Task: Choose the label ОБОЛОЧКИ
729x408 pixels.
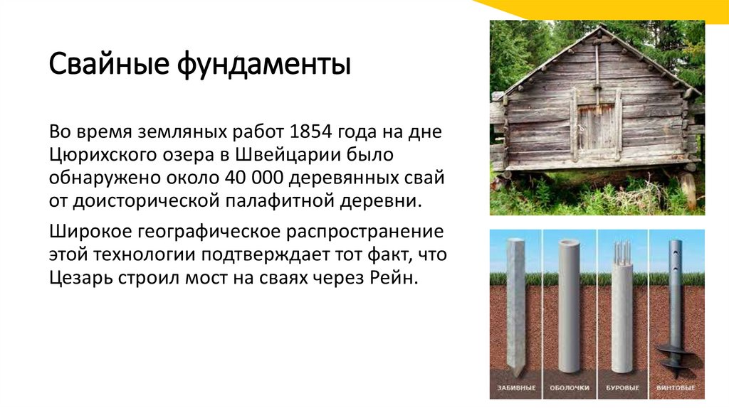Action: click(x=570, y=389)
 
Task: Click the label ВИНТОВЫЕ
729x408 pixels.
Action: click(x=676, y=389)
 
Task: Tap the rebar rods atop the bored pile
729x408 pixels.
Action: click(x=622, y=249)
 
